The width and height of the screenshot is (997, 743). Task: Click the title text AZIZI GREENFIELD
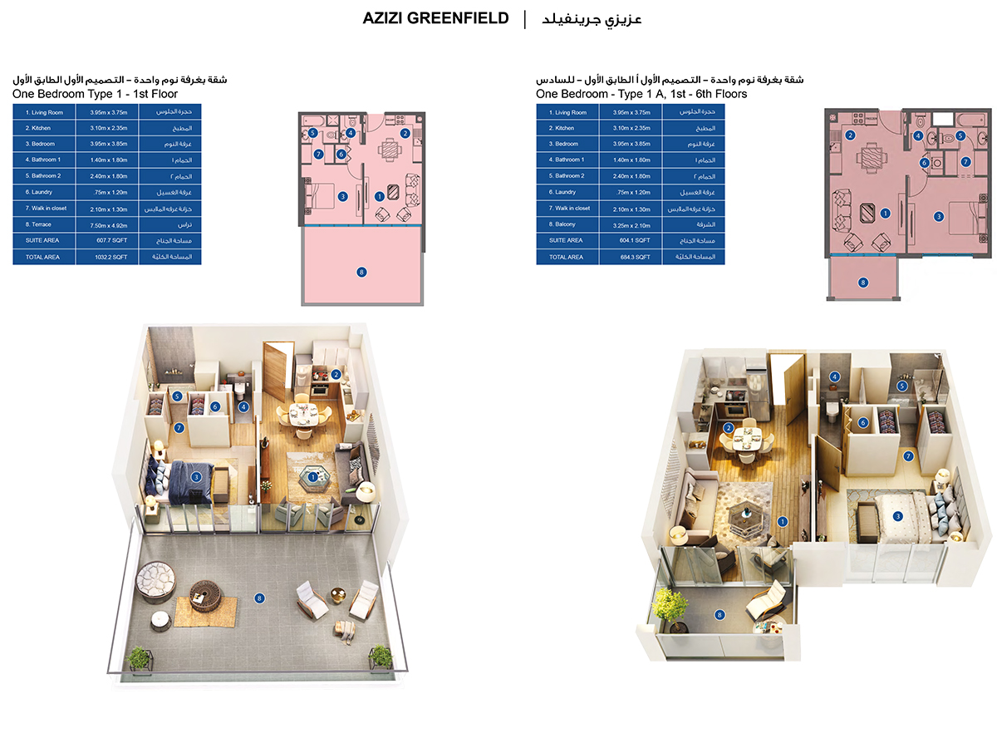[x=435, y=18]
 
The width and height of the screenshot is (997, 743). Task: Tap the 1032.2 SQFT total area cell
[x=110, y=257]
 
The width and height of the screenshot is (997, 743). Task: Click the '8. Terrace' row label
[x=42, y=224]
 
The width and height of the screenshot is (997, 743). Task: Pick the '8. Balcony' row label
[x=565, y=224]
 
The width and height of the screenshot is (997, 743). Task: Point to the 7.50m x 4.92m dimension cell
[x=110, y=224]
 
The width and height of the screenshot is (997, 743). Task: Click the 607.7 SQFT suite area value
[x=110, y=240]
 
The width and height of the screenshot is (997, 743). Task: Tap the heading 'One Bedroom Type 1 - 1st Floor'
[x=96, y=94]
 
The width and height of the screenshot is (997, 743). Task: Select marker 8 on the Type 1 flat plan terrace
[x=361, y=271]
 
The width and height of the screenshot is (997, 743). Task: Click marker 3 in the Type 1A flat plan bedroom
[x=938, y=216]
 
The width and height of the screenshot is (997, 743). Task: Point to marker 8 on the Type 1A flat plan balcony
[x=862, y=283]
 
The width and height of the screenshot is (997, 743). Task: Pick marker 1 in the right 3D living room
[x=782, y=521]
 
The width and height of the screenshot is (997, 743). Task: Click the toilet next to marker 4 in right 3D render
[x=833, y=406]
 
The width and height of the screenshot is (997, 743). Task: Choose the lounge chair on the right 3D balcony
[x=764, y=602]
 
